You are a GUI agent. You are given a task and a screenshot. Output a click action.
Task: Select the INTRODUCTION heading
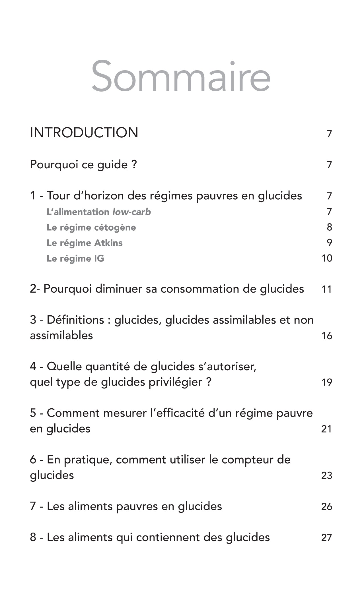coord(84,133)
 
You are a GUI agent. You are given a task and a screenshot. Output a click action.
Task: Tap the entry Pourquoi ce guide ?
coord(83,165)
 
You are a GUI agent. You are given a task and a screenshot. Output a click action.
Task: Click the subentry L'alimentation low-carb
coord(99,212)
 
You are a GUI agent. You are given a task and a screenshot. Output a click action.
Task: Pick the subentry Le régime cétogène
coord(91,227)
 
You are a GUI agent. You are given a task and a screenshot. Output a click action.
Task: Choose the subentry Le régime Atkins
coord(85,243)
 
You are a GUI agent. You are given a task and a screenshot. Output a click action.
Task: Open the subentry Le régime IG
coord(75,258)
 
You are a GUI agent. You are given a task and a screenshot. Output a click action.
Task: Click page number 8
coord(329,227)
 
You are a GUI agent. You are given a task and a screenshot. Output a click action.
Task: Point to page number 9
coord(329,243)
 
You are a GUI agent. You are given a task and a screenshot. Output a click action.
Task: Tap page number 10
coord(327,258)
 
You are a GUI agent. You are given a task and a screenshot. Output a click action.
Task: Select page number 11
coord(327,289)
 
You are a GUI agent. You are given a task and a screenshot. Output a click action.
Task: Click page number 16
coord(327,336)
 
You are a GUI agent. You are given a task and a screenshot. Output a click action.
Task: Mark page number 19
coord(327,382)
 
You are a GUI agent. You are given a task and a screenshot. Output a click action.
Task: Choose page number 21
coord(326,429)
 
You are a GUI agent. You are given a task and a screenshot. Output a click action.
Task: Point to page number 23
coord(326,475)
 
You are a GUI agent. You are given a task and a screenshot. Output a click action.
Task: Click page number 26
coord(326,506)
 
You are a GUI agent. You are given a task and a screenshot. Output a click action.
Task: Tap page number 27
coord(326,537)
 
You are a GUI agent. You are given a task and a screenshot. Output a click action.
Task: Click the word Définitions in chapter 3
coord(75,320)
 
